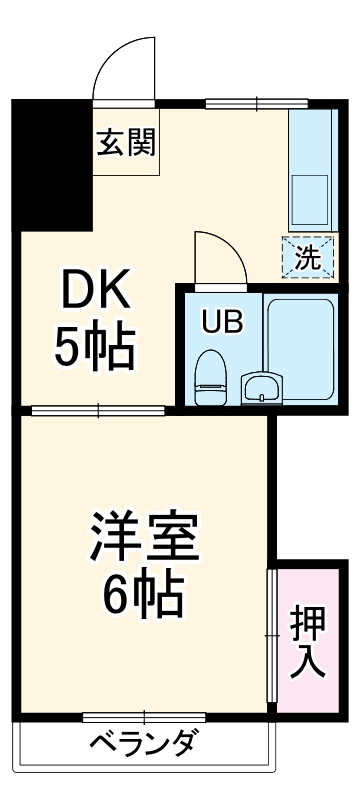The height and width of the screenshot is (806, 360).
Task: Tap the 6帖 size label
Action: coord(146,597)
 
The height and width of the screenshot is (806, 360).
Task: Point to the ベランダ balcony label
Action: coord(143,745)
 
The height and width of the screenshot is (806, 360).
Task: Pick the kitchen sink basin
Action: coord(311,197)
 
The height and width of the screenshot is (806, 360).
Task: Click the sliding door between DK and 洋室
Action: coord(98,409)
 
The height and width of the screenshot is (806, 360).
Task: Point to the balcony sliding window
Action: coord(144,716)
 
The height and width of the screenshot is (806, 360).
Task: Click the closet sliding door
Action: coord(271,635)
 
